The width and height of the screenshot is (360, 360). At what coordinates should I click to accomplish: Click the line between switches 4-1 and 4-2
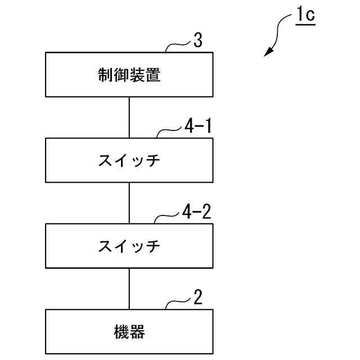tap(129, 202)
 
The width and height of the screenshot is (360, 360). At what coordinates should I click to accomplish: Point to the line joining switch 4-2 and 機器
tap(129, 288)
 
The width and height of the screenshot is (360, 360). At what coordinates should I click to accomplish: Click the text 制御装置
tap(129, 75)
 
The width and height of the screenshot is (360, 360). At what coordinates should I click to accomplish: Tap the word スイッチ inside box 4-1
tap(129, 161)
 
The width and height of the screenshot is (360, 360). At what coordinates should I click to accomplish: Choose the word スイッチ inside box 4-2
tap(129, 246)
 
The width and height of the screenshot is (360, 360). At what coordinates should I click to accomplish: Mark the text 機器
tap(129, 332)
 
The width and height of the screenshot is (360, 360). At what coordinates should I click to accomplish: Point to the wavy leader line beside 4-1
tap(169, 132)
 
